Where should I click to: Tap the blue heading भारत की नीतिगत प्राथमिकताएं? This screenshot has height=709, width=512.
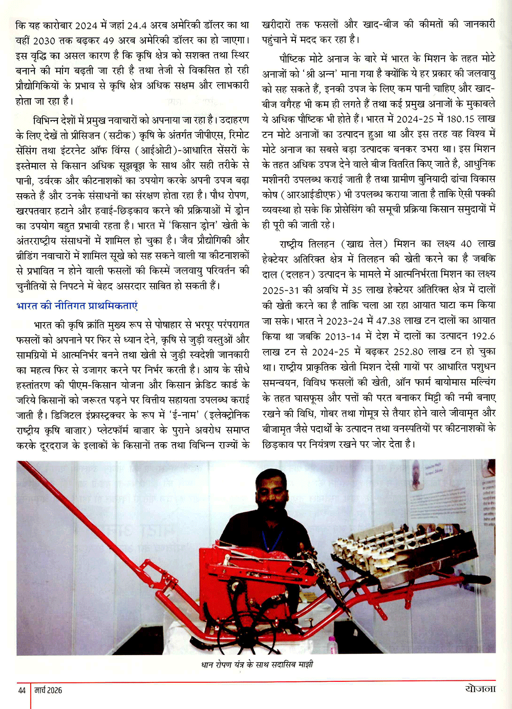77,306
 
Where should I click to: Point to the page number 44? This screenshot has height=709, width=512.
22,691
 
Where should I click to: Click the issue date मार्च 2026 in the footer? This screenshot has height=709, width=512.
48,691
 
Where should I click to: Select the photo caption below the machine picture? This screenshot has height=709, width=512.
256,665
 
